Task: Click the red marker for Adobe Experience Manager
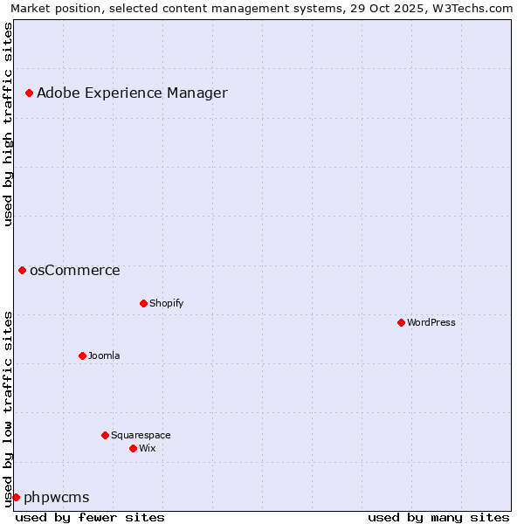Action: pyautogui.click(x=29, y=93)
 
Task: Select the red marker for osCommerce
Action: pyautogui.click(x=22, y=270)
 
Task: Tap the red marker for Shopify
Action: pyautogui.click(x=143, y=303)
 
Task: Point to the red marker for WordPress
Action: pyautogui.click(x=401, y=322)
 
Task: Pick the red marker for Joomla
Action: pyautogui.click(x=82, y=355)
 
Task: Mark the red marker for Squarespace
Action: pyautogui.click(x=105, y=435)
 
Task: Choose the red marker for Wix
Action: pyautogui.click(x=133, y=448)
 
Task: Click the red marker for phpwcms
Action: pyautogui.click(x=16, y=497)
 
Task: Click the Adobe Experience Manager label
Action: pyautogui.click(x=132, y=93)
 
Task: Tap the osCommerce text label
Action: pyautogui.click(x=75, y=270)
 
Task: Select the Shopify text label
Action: pyautogui.click(x=166, y=303)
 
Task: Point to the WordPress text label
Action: pyautogui.click(x=431, y=322)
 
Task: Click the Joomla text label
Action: pyautogui.click(x=104, y=355)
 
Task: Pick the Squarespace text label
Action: pyautogui.click(x=141, y=435)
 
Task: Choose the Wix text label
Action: pyautogui.click(x=147, y=448)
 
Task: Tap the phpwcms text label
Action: pyautogui.click(x=57, y=497)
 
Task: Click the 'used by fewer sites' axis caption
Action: pyautogui.click(x=90, y=517)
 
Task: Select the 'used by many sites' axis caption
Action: pyautogui.click(x=438, y=517)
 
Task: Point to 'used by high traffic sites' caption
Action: pyautogui.click(x=9, y=124)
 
